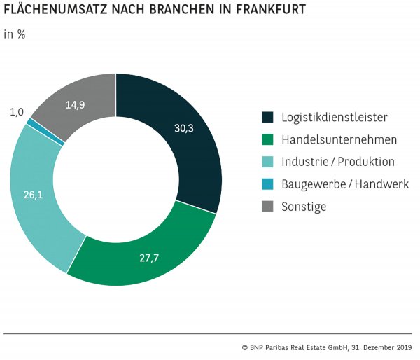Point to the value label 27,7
point(150,258)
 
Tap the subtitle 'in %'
point(15,34)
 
